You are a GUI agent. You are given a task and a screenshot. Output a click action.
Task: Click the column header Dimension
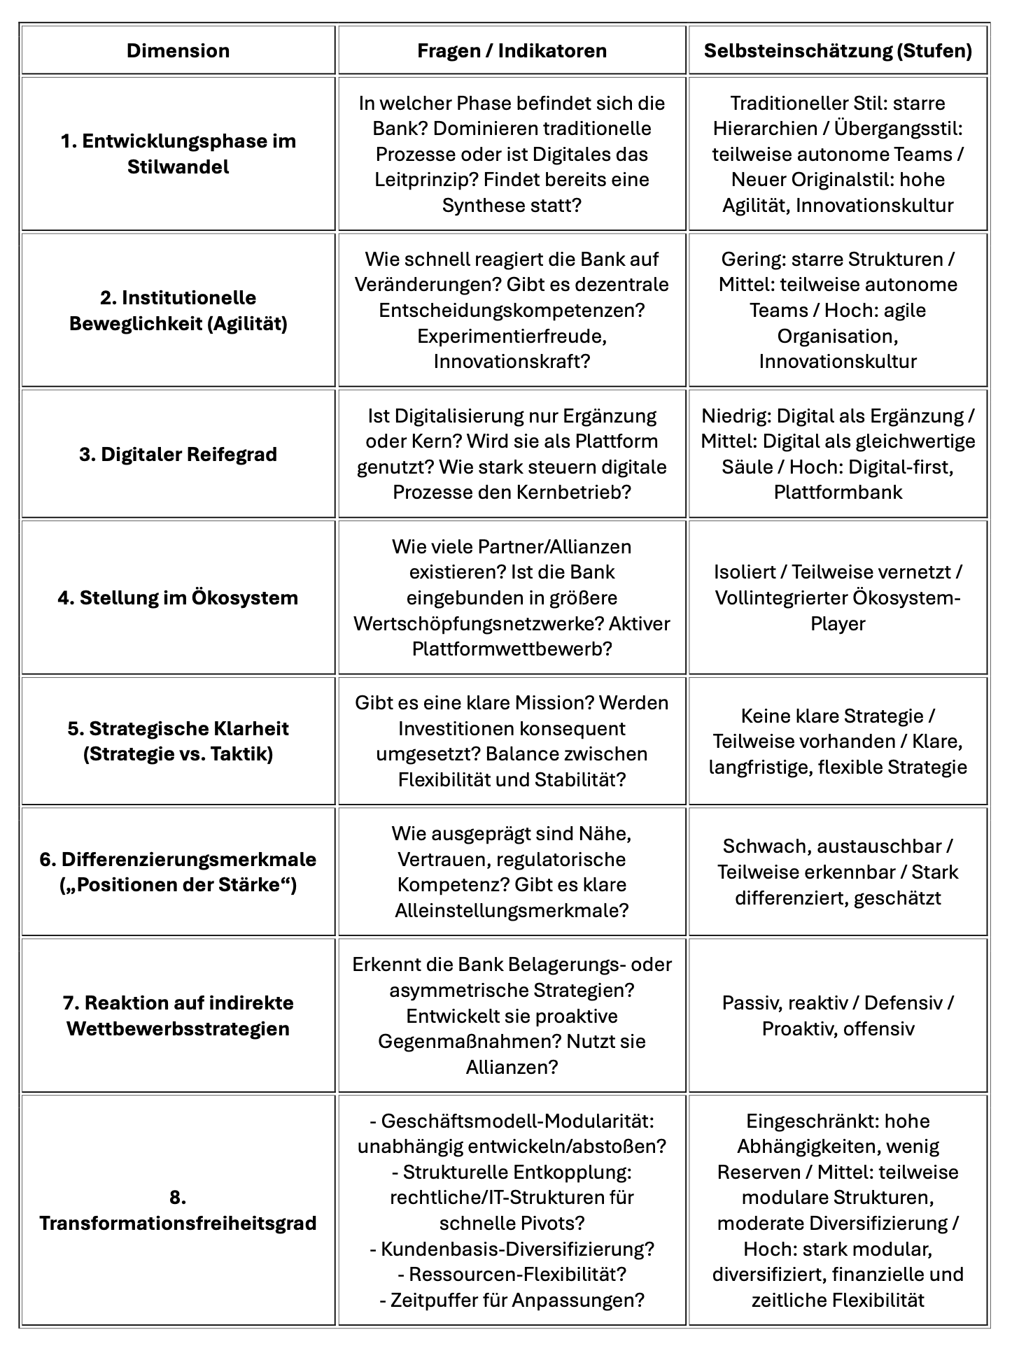[178, 50]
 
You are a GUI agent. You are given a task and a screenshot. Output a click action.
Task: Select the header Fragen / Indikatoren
[512, 50]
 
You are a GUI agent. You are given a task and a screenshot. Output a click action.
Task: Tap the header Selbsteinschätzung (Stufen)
[838, 50]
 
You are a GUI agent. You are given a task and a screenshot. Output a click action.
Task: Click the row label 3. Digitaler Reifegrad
[178, 454]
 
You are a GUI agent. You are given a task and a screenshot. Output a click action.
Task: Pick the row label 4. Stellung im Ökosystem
[178, 597]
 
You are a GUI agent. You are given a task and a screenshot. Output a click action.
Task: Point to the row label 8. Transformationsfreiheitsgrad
[178, 1210]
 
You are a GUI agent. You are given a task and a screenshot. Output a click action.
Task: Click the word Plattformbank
[838, 492]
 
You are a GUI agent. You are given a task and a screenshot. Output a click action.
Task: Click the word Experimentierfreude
[511, 336]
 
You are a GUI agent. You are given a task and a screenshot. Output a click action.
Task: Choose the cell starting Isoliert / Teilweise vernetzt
[838, 597]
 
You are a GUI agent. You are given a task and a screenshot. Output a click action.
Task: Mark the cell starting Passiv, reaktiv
[838, 1015]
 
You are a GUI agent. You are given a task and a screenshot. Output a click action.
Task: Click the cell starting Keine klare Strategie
[838, 741]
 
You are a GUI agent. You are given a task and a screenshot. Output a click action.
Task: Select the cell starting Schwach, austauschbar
[838, 872]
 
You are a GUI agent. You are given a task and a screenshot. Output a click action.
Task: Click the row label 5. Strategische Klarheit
[178, 741]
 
